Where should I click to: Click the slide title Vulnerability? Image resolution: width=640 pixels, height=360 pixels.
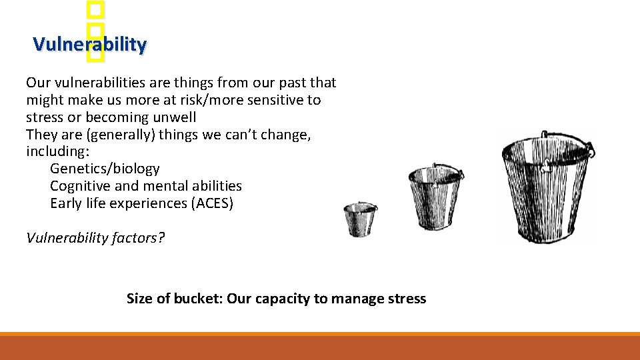click(89, 45)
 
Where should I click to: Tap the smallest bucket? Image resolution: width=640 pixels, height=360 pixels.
click(361, 219)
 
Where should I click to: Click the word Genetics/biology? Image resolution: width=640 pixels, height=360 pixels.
click(105, 169)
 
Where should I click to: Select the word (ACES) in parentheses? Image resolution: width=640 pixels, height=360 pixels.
click(213, 203)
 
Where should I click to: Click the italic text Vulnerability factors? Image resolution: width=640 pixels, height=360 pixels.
click(95, 238)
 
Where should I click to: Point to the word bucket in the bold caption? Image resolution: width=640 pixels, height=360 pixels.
click(189, 299)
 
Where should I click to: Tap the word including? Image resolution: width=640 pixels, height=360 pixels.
click(57, 151)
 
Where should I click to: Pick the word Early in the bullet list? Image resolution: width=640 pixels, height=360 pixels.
click(65, 203)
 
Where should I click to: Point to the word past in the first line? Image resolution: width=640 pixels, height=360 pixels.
click(291, 83)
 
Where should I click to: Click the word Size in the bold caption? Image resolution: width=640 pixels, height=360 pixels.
click(139, 299)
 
